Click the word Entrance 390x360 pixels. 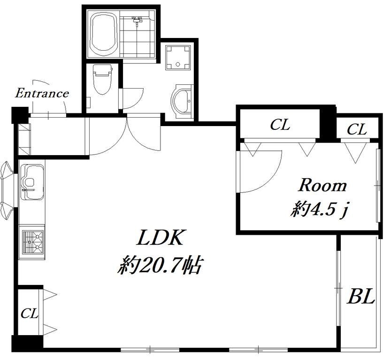pyautogui.click(x=42, y=93)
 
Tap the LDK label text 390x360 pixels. pyautogui.click(x=161, y=238)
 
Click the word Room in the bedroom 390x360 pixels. pyautogui.click(x=322, y=186)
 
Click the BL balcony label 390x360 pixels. pyautogui.click(x=361, y=296)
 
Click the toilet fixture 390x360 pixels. pyautogui.click(x=102, y=80)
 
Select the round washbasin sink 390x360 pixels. pyautogui.click(x=182, y=101)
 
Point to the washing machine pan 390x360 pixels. pyautogui.click(x=178, y=58)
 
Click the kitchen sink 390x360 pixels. pyautogui.click(x=32, y=182)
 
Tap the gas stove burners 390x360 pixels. pyautogui.click(x=33, y=242)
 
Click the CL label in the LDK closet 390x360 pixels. pyautogui.click(x=30, y=314)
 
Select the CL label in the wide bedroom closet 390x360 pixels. pyautogui.click(x=280, y=125)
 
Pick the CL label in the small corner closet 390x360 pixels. pyautogui.click(x=357, y=129)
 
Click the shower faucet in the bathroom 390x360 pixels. pyautogui.click(x=136, y=20)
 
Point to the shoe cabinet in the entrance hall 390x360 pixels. pyautogui.click(x=25, y=139)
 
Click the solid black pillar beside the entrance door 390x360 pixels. pyautogui.click(x=20, y=115)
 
